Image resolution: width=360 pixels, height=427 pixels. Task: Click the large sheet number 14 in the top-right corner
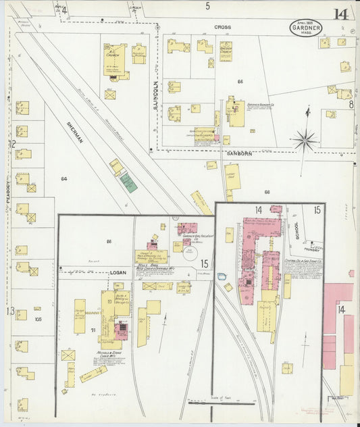(340, 14)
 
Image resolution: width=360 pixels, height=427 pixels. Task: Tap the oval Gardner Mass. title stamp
(306, 28)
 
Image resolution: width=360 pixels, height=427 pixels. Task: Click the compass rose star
(305, 141)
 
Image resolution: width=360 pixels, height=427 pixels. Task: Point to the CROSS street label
(223, 27)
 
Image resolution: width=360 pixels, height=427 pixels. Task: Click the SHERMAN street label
(74, 130)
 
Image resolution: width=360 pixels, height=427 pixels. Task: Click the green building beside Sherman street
(128, 182)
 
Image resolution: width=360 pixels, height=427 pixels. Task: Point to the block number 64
(64, 178)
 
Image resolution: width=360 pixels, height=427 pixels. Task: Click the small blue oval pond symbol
(222, 276)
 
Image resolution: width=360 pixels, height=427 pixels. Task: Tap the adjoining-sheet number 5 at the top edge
(208, 6)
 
